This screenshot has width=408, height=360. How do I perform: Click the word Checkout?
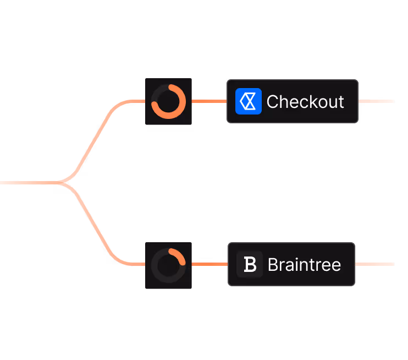point(305,102)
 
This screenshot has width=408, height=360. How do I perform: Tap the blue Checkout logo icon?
point(249,101)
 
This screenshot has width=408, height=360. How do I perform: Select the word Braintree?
point(304,265)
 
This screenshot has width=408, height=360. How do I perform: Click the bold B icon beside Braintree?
point(250,264)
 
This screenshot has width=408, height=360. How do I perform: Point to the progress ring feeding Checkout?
point(168,101)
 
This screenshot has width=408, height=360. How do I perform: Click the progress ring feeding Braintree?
point(168,265)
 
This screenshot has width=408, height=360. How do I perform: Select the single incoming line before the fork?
point(25,182)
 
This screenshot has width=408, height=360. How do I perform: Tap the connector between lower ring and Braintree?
point(209,264)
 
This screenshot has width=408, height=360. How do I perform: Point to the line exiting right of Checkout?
point(376,101)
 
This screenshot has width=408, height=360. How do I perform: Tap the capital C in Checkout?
point(273,102)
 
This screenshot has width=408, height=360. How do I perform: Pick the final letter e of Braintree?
point(335,265)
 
